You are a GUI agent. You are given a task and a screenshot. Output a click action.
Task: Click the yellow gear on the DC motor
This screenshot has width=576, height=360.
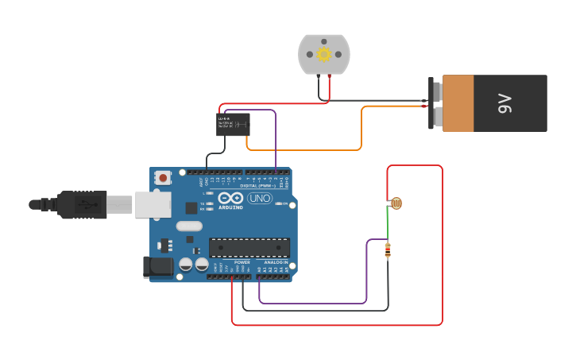point(323,54)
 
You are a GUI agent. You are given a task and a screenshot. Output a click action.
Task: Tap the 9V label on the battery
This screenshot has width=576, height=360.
point(504,103)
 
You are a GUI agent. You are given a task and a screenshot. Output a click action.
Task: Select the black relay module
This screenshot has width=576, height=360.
point(233,124)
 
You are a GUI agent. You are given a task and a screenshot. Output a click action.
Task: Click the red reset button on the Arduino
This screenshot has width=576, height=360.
point(163,178)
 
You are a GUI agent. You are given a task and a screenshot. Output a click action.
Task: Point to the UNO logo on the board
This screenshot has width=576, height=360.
point(260,198)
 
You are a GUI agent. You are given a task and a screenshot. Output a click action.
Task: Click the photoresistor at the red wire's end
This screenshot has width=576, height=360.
point(395,203)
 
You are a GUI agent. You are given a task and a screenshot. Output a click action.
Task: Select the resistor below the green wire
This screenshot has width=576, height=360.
point(388,250)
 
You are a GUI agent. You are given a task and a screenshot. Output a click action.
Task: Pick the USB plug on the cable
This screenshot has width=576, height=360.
point(79,204)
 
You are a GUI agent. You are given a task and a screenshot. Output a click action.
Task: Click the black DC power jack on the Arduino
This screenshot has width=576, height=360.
point(157,267)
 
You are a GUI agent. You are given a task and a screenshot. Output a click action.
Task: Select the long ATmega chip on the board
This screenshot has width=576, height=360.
point(249,247)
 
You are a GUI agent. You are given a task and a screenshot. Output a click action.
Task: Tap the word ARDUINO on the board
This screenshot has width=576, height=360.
point(230,207)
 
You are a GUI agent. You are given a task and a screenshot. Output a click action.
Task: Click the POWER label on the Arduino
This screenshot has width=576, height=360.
point(242,262)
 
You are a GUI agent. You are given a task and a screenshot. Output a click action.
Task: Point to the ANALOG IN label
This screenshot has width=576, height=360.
point(276,262)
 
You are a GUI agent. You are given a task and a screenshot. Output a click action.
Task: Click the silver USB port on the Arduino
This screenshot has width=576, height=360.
point(153,204)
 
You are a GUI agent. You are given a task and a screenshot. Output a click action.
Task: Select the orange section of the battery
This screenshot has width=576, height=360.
point(458,103)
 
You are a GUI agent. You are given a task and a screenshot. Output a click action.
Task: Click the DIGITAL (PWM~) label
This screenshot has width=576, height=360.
point(255,186)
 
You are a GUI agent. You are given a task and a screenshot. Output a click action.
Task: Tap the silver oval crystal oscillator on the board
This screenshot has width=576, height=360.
point(189,226)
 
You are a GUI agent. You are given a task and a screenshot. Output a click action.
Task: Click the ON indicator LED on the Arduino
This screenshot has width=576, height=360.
point(276,203)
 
